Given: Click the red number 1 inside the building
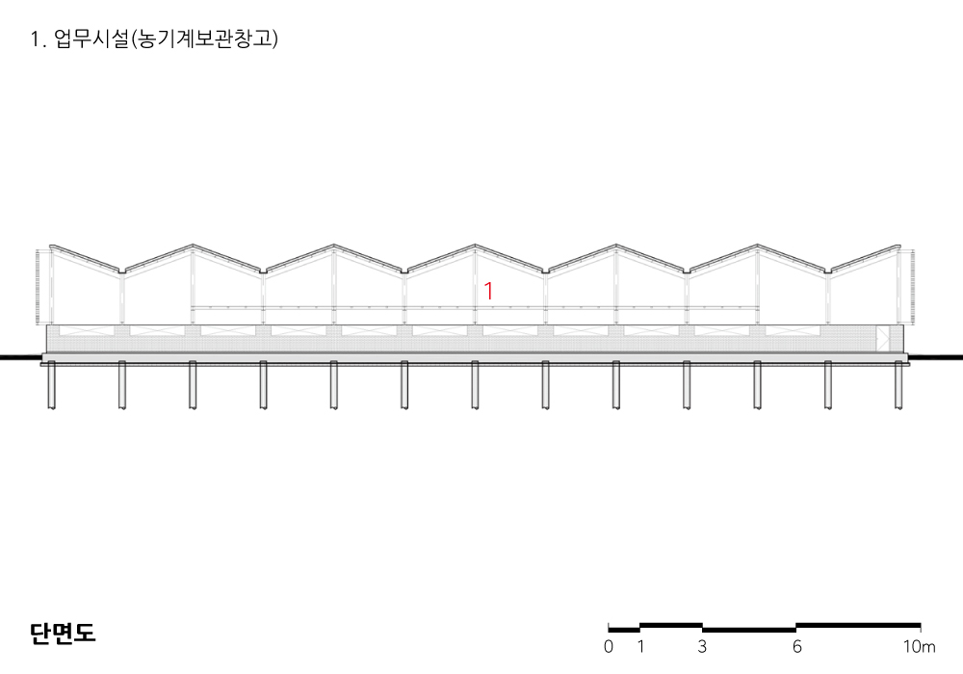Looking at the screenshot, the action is click(x=489, y=291).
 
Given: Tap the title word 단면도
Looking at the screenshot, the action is click(x=63, y=633).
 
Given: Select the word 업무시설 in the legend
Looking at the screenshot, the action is click(x=91, y=39).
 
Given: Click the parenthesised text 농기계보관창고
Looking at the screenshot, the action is click(x=204, y=39).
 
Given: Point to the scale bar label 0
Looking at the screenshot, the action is click(x=608, y=646).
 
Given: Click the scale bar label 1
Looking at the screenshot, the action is click(x=640, y=646).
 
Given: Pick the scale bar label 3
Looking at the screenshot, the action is click(x=702, y=646).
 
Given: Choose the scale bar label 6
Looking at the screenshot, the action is click(x=796, y=646).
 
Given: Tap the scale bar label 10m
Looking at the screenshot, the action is click(x=919, y=646).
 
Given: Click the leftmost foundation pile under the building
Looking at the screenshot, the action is click(x=52, y=385).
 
